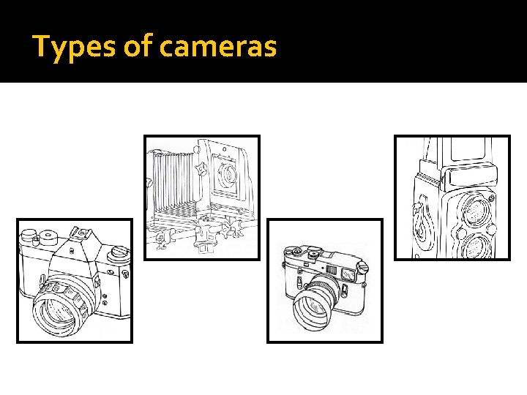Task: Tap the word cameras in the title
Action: (x=218, y=48)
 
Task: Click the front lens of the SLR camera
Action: (x=59, y=310)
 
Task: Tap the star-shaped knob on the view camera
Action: (x=201, y=170)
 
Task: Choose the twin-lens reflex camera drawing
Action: (x=452, y=197)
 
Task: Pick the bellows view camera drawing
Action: (x=202, y=197)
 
